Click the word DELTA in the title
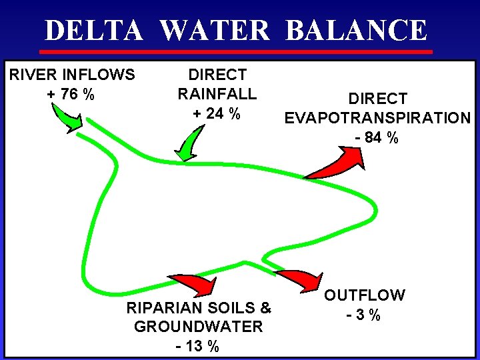click(x=93, y=31)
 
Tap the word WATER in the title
click(x=215, y=31)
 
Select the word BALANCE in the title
click(x=356, y=31)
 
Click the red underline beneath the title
click(x=237, y=52)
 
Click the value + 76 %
click(x=71, y=94)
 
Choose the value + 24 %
click(x=217, y=113)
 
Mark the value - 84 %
click(x=377, y=138)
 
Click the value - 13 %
click(x=197, y=346)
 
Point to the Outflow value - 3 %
click(x=364, y=314)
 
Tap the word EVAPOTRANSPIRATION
click(x=377, y=118)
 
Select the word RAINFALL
click(x=217, y=94)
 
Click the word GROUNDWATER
click(x=198, y=327)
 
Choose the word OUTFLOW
click(x=365, y=295)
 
